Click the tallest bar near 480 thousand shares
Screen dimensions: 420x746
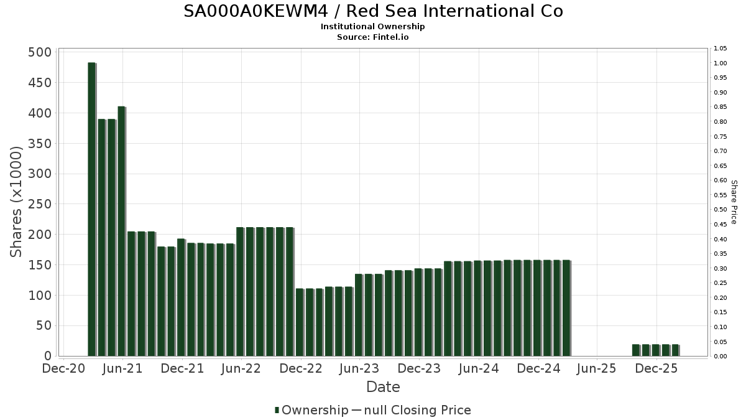click(91, 209)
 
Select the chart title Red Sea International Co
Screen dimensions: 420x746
click(373, 11)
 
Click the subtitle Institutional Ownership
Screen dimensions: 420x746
click(373, 27)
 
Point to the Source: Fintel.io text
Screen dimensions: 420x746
click(373, 37)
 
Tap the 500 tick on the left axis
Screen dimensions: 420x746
click(40, 52)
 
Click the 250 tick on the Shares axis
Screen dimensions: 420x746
click(40, 204)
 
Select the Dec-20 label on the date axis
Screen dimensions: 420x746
click(63, 369)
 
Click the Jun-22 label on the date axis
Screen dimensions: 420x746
click(241, 369)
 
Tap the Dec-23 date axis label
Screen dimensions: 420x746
click(419, 369)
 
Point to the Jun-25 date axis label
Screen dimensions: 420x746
click(597, 369)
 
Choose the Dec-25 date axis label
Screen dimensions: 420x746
click(656, 369)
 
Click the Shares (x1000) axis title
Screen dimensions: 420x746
click(17, 202)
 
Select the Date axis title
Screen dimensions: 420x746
click(383, 387)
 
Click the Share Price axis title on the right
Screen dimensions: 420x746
click(734, 202)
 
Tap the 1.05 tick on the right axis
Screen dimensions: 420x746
click(721, 49)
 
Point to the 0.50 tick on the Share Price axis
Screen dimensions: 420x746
click(721, 210)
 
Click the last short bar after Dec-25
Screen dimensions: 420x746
click(675, 350)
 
